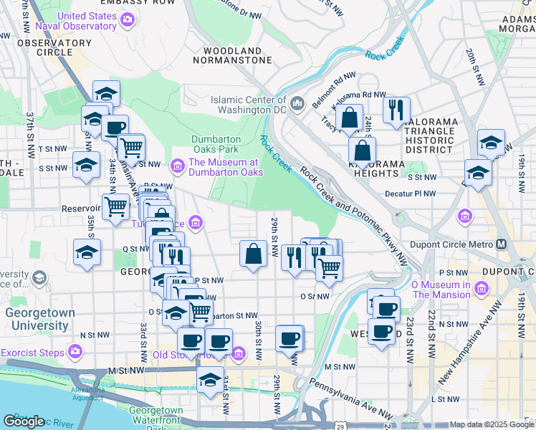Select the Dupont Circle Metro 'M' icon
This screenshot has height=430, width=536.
(501, 244)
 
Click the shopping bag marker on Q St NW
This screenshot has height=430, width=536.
(254, 254)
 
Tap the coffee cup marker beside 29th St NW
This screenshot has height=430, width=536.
(289, 338)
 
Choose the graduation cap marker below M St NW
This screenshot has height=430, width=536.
(210, 379)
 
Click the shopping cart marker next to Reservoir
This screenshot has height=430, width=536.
(115, 207)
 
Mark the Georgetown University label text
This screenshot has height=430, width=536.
(36, 319)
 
